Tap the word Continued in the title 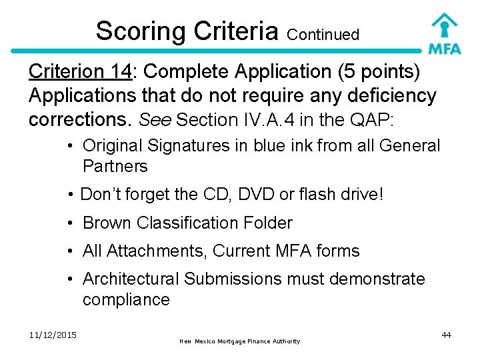point(325,34)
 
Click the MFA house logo point(444,33)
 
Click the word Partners point(115,166)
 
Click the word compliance point(126,299)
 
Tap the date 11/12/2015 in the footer point(53,334)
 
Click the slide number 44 point(446,335)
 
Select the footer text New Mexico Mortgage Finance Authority point(240,341)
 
